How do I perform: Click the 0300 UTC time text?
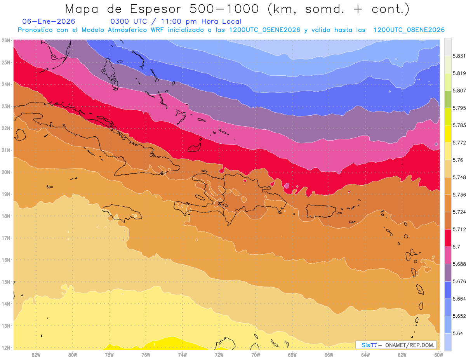pos(129,22)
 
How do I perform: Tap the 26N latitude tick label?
pos(6,40)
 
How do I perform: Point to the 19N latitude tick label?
pos(6,194)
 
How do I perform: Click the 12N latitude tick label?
pos(6,348)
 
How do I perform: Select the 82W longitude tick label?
pos(36,355)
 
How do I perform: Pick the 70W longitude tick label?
pos(256,355)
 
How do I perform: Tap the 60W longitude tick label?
pos(439,355)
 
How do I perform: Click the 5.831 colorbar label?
pos(459,56)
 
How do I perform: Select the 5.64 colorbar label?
pos(457,333)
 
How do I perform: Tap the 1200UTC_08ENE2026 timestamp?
pos(409,30)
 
